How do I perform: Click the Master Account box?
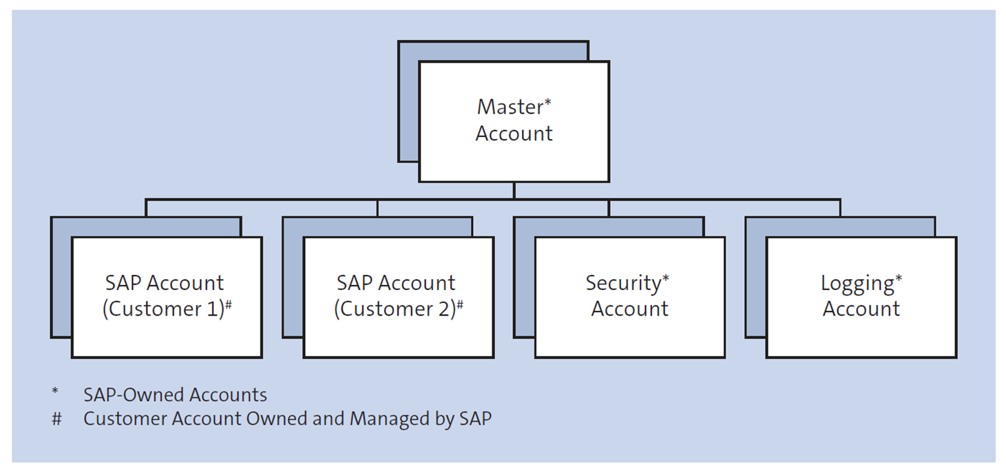pos(514,121)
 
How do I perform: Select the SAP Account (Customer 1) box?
pos(167,297)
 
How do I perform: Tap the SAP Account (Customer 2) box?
pos(398,297)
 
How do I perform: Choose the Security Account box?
pos(629,297)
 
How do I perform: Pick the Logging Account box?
pos(861,297)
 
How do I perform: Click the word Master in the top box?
pos(510,107)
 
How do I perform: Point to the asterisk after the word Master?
pos(548,103)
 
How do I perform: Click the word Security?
pos(622,283)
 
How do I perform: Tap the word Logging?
pos(857,284)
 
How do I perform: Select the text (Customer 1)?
pos(163,309)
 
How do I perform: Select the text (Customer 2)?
pos(395,309)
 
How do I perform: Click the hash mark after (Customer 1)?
pos(228,305)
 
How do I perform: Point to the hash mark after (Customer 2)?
pos(459,305)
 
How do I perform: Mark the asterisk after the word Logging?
pos(899,279)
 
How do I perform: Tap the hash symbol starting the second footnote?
pos(56,419)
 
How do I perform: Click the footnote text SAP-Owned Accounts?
pos(175,395)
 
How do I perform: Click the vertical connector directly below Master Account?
pos(514,191)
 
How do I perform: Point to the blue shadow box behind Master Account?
pos(408,103)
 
